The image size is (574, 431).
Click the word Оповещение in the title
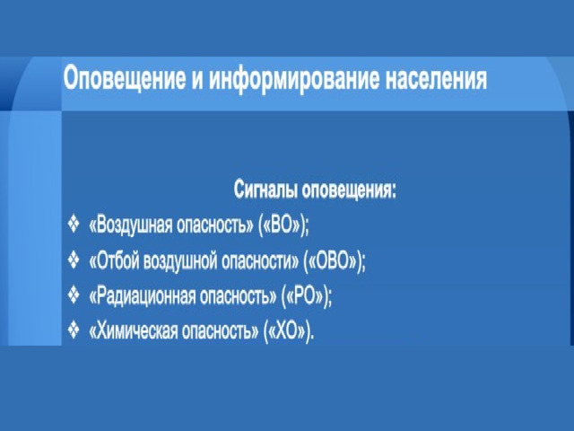click(x=124, y=78)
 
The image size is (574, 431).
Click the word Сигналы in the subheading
click(x=265, y=190)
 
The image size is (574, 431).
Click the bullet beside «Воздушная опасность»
click(x=74, y=224)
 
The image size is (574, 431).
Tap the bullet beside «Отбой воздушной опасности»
click(x=74, y=259)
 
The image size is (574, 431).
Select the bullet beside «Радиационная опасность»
click(x=74, y=295)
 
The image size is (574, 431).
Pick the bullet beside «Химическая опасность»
click(x=74, y=330)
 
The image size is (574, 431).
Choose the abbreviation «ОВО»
click(x=333, y=260)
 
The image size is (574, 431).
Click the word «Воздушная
click(x=131, y=224)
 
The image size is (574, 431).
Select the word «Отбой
click(x=114, y=260)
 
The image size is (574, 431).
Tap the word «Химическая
click(x=134, y=331)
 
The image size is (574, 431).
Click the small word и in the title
click(x=197, y=80)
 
